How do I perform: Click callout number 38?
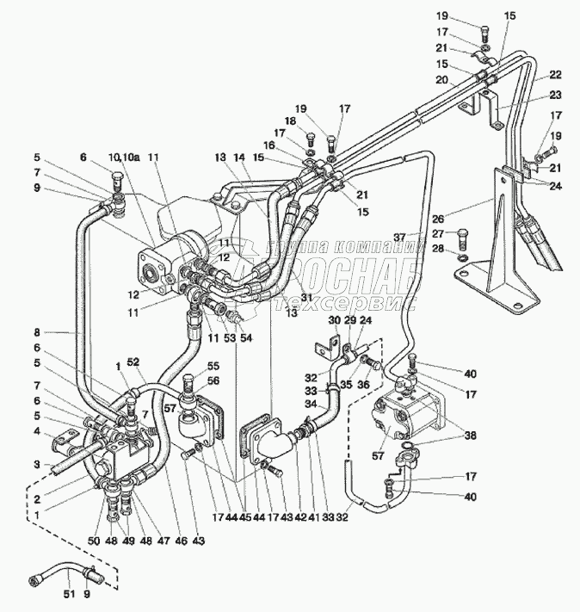(471, 436)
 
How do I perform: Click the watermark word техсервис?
(344, 303)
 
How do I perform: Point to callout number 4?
(37, 431)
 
